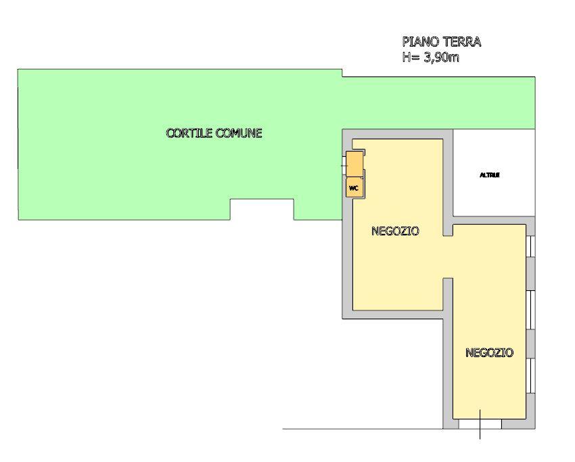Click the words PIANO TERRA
442,42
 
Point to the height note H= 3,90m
430,57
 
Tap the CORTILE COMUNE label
214,133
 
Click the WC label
354,189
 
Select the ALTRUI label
490,175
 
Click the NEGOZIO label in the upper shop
395,231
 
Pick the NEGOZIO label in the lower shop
489,352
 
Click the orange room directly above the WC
354,164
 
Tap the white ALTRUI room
494,172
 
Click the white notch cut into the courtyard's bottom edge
262,210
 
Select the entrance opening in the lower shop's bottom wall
480,424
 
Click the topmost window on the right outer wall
530,246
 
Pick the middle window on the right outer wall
530,310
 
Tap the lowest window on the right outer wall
530,376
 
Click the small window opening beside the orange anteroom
344,166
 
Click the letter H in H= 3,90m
407,57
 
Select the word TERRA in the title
462,42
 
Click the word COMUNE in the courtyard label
238,133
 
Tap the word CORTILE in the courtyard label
189,133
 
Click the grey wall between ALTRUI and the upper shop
448,182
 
